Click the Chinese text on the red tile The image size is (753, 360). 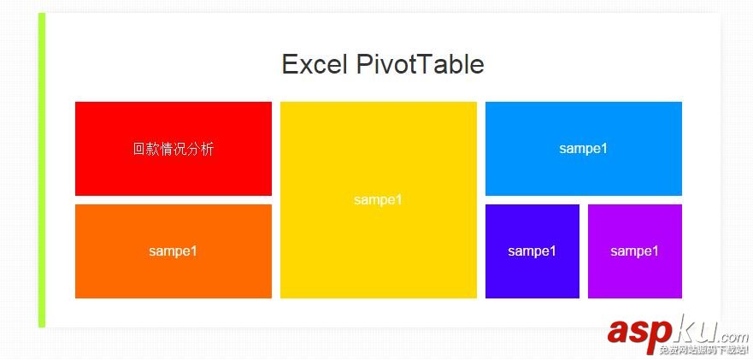(174, 149)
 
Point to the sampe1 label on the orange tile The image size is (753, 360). (174, 251)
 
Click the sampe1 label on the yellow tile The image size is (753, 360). (379, 200)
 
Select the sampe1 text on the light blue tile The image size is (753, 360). (584, 149)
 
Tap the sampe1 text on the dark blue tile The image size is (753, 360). (532, 251)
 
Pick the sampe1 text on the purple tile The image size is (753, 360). (635, 251)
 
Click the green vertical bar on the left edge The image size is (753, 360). (42, 171)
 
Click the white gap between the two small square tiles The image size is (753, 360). (584, 251)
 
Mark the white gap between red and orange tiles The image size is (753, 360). (174, 200)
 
